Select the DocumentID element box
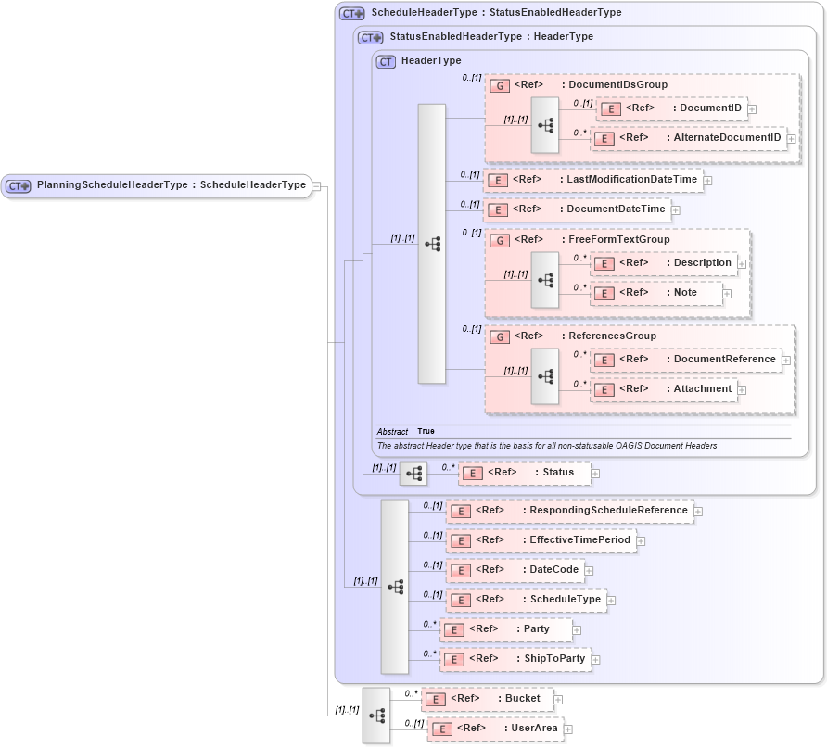point(671,109)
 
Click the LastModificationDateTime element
point(593,180)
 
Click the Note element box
point(655,293)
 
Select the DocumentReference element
point(686,360)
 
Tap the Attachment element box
point(664,389)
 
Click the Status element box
point(524,473)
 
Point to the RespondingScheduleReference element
point(569,511)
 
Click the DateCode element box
point(515,570)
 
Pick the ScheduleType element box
point(526,600)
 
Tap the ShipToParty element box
point(515,659)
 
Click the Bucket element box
point(488,699)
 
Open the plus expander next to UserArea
point(569,729)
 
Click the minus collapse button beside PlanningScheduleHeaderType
point(316,185)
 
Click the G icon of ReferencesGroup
point(499,336)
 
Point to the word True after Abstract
point(426,431)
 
